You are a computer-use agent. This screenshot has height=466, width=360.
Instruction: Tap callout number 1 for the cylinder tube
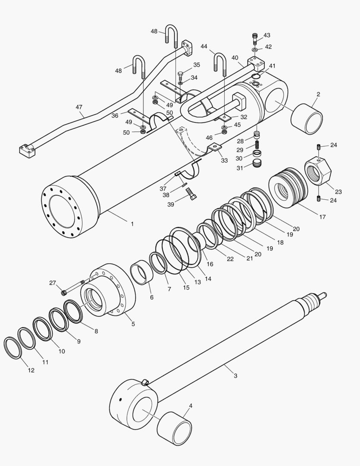(132, 224)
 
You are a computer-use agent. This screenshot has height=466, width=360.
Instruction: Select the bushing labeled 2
(307, 119)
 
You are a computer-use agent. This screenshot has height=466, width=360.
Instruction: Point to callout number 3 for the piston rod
(235, 376)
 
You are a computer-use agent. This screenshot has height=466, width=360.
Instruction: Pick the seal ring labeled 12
(12, 348)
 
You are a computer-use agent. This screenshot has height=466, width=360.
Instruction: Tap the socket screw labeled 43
(255, 39)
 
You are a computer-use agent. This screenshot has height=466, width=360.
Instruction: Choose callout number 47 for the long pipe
(79, 107)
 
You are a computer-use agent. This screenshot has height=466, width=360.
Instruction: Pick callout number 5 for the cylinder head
(133, 324)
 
